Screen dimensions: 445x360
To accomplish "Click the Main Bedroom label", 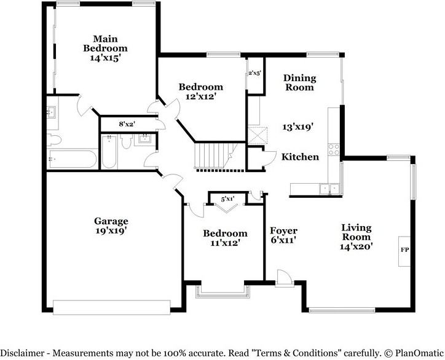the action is (x=105, y=43).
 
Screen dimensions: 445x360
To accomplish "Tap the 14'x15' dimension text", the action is (x=106, y=58).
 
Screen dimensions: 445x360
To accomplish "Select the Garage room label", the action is (x=111, y=221).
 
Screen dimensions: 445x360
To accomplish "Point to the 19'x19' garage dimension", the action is (x=111, y=231).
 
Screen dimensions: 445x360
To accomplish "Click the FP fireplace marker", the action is (x=404, y=250).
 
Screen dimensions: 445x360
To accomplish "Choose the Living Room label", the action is (x=356, y=232).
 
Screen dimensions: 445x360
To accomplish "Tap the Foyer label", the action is (x=283, y=230).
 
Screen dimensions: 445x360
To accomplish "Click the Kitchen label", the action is (x=300, y=157).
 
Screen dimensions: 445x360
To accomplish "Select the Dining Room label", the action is (x=300, y=82).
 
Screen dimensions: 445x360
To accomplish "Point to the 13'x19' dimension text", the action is (x=297, y=127).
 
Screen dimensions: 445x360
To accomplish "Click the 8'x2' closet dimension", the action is (x=127, y=123).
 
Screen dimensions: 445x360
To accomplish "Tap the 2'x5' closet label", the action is (x=254, y=73).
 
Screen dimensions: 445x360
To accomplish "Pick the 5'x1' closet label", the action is (x=227, y=199).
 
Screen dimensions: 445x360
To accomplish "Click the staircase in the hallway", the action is (x=216, y=156).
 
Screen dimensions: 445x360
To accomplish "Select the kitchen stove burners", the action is (x=334, y=149).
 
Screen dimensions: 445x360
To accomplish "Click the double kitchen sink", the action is (x=330, y=189).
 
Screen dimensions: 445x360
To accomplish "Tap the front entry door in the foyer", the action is (x=285, y=278).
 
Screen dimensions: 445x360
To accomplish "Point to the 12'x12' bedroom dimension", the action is (x=201, y=96).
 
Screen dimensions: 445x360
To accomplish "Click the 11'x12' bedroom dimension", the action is (x=226, y=243).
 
